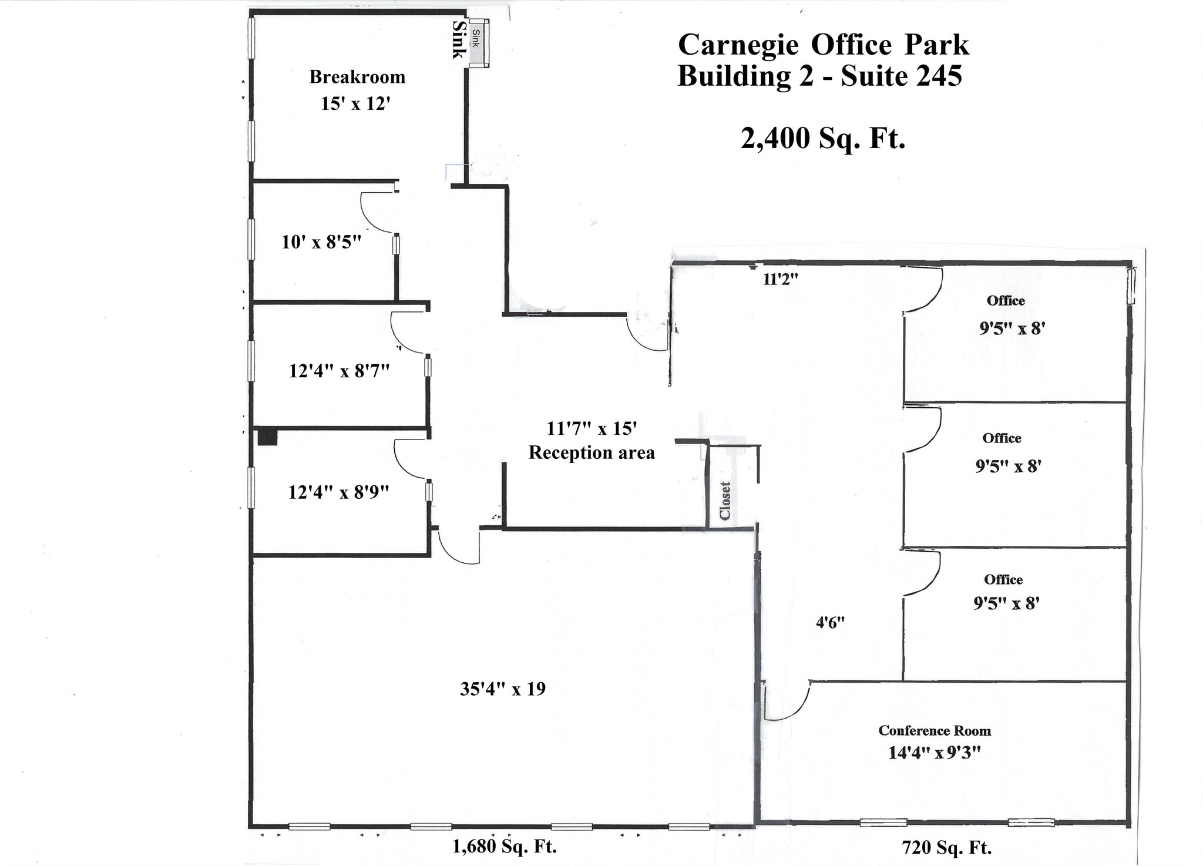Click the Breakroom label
coord(357,77)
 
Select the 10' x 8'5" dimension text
coord(321,241)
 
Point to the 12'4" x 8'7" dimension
coord(339,371)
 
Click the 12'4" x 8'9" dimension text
coord(338,492)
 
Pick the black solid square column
coord(267,437)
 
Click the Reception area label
coord(592,453)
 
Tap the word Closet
coord(725,501)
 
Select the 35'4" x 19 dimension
coord(502,689)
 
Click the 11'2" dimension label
coord(780,280)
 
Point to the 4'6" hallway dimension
coord(830,623)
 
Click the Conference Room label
coord(935,731)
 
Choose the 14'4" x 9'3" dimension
coord(935,753)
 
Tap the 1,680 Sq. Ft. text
coord(504,846)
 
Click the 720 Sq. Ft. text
coord(946,848)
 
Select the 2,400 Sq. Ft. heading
coord(822,139)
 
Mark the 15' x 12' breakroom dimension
coord(355,104)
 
